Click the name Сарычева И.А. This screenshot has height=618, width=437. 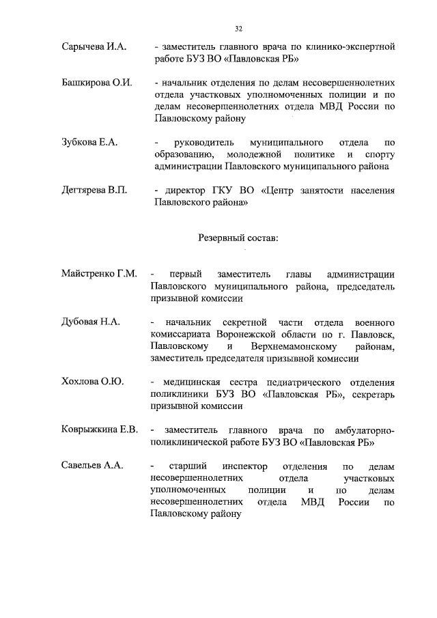(x=93, y=47)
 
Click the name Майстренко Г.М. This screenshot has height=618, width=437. (x=99, y=274)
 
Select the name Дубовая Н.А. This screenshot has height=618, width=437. (x=91, y=322)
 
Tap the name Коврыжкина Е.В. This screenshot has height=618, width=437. (x=100, y=430)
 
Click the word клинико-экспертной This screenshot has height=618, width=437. (x=351, y=47)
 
